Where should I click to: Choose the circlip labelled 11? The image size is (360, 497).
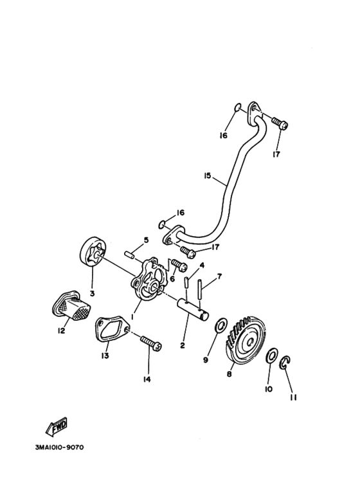click(287, 365)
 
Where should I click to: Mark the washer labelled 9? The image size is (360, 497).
click(219, 326)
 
